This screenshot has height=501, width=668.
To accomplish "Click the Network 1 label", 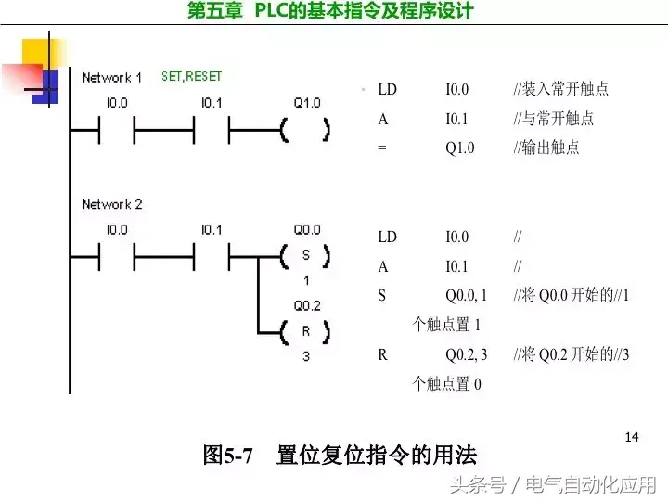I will [x=112, y=78].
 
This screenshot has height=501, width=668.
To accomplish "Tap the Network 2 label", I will [x=112, y=204].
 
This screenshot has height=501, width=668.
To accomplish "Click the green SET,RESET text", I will [x=192, y=76].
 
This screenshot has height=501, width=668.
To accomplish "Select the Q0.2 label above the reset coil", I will [x=306, y=305].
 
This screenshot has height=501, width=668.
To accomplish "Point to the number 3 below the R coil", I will [x=306, y=356].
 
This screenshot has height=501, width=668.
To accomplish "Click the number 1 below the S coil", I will [x=306, y=280].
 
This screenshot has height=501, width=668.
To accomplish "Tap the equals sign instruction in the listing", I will [x=381, y=148].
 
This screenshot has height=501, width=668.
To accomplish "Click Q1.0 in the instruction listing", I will [x=459, y=148].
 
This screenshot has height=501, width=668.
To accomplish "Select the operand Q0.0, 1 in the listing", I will [x=466, y=296].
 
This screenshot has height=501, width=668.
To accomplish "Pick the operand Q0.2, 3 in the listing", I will [x=466, y=354].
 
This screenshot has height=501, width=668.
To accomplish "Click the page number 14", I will [x=633, y=436].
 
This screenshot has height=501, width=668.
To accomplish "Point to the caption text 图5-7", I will [x=228, y=456].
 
